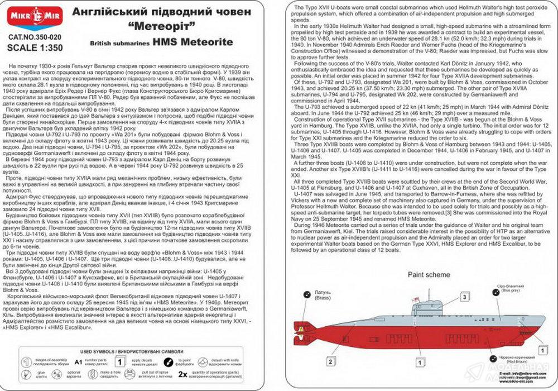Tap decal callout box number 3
point(464,298)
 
